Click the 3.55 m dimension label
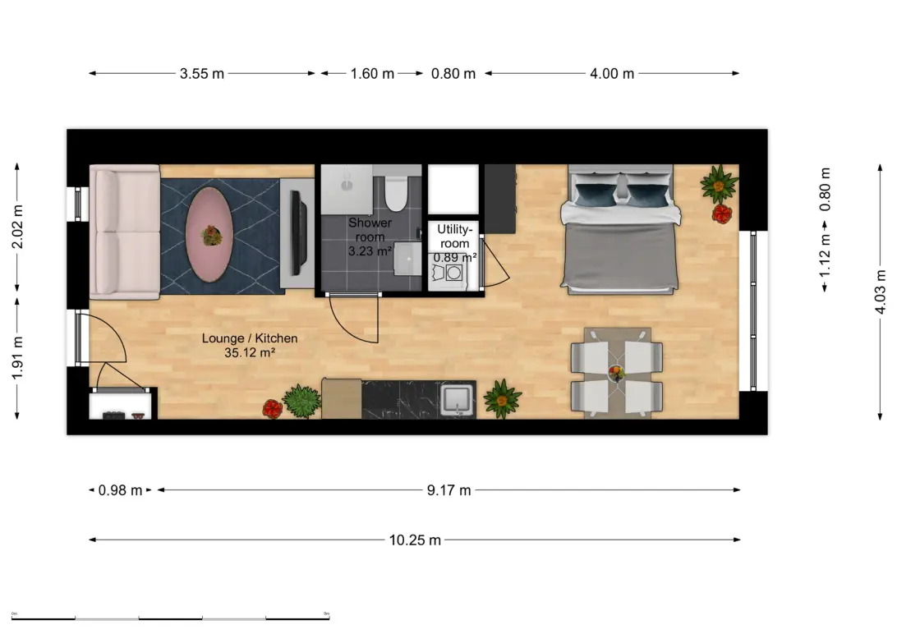click(201, 74)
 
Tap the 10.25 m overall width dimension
click(414, 540)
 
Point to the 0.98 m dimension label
click(120, 490)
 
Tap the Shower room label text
click(370, 237)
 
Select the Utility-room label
click(453, 237)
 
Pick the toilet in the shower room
click(396, 191)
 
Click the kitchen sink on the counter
click(458, 400)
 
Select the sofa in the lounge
click(125, 232)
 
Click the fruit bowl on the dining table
click(615, 373)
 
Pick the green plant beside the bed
click(719, 184)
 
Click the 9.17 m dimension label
click(448, 490)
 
